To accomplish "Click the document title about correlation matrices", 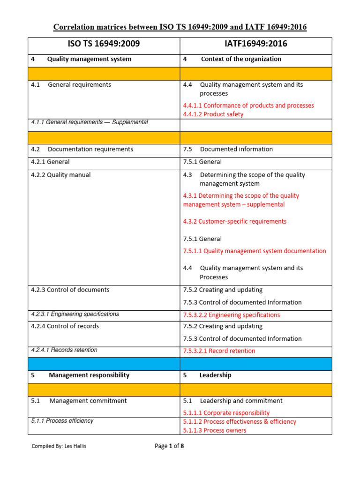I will point(180,27).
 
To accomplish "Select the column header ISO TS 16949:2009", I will point(105,45).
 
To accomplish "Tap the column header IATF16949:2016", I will point(256,45).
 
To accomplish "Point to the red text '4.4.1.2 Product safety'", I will point(213,114).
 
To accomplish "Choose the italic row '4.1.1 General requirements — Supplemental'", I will point(90,122).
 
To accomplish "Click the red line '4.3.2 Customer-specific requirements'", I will point(235,221).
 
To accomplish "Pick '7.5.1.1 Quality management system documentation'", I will point(255,251).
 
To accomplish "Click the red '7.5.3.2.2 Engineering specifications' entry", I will point(232,315).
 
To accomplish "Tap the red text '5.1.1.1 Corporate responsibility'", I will point(226,413).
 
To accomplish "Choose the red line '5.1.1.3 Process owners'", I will point(215,430).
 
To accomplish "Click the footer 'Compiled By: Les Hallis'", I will point(59,446).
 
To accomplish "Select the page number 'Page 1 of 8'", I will point(169,446).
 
